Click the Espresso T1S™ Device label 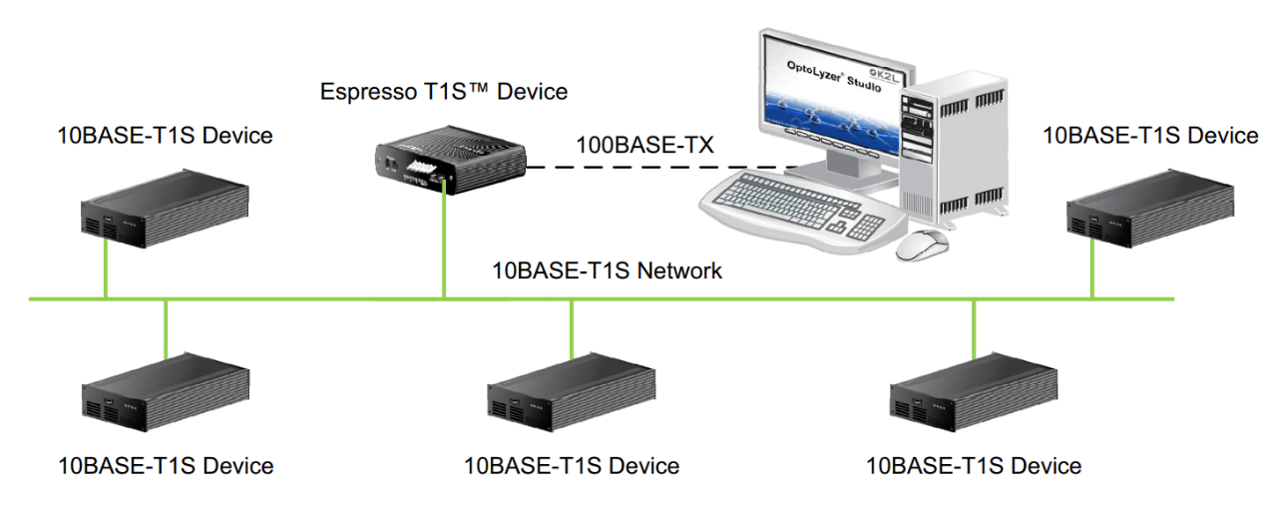point(443,93)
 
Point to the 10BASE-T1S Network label point(607,270)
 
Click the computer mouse point(924,244)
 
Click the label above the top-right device point(1150,136)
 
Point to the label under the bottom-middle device point(572,466)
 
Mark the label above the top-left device point(165,136)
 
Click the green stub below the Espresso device point(444,245)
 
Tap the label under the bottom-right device point(974,466)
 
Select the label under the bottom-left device point(166,466)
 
